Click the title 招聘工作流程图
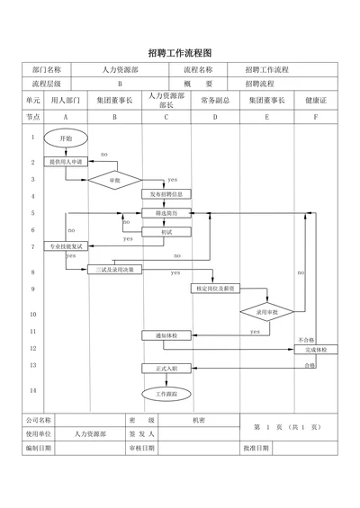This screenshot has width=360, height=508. pos(179,53)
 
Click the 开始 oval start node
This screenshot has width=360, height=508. pos(65,138)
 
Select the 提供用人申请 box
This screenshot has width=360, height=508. pos(65,162)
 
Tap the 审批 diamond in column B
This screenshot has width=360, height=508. pos(114,180)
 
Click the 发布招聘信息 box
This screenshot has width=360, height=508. pos(166,194)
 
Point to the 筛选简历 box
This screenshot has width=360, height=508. pos(166,213)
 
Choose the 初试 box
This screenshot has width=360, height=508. pos(166,231)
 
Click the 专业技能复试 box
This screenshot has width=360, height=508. pos(65,246)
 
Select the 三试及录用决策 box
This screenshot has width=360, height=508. pos(114,269)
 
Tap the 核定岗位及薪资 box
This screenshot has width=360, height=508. pos(216,289)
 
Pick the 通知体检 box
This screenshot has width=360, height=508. pos(166,335)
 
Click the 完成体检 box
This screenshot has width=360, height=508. pos(315,349)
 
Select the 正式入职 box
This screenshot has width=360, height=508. pos(166,368)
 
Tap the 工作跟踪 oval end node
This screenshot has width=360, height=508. pos(166,394)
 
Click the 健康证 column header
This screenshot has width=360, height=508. pos(316,100)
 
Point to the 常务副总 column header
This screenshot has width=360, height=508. pos(216,100)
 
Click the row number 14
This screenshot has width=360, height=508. pos(33,390)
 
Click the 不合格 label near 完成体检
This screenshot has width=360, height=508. pos(306,340)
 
